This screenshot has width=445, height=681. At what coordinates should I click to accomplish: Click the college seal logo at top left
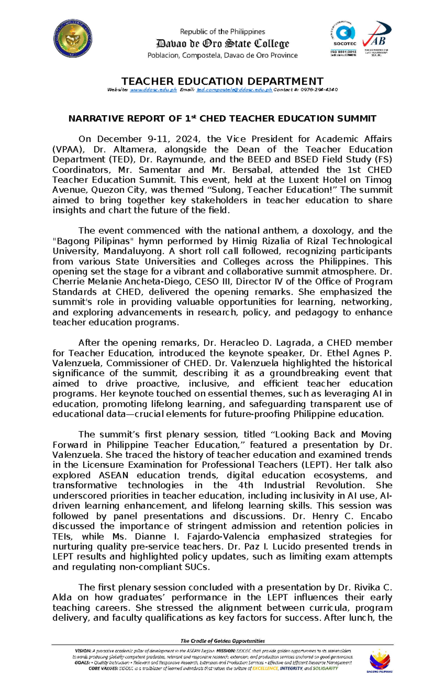coord(73,39)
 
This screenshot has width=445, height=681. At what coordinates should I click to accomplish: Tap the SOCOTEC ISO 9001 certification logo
coord(344,39)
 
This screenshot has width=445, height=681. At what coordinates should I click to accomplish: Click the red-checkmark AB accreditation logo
coord(376,38)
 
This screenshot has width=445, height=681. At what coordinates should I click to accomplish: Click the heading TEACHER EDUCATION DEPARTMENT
coord(222,81)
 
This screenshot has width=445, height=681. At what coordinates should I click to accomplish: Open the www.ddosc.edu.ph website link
coord(153,90)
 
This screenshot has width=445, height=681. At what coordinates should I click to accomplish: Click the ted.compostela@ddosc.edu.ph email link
coord(234,90)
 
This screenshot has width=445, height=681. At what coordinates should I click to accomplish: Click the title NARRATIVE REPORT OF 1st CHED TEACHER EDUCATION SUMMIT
coord(222,119)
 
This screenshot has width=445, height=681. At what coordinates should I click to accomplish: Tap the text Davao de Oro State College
coord(222,44)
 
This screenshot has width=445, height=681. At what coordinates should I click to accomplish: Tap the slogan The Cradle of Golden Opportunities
coord(222,641)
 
